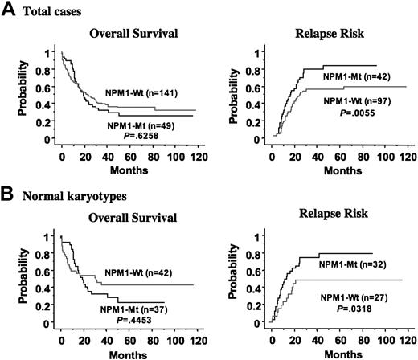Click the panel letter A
tap(8, 10)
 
